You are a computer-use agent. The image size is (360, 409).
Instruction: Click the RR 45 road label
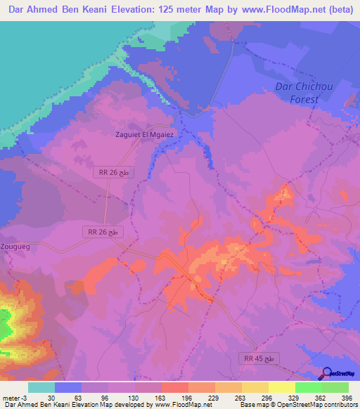pos(262,358)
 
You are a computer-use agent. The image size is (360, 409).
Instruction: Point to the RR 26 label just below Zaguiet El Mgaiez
pos(111,172)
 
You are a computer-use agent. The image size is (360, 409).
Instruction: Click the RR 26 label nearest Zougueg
pos(104,231)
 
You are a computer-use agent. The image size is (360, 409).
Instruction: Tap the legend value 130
pos(134,398)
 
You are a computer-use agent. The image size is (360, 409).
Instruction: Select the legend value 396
pos(347,398)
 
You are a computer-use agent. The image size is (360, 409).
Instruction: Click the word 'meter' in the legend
pos(12,398)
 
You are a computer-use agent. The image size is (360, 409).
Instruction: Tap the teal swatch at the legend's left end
pos(41,387)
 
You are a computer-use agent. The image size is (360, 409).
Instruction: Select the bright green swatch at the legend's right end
pos(335,387)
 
